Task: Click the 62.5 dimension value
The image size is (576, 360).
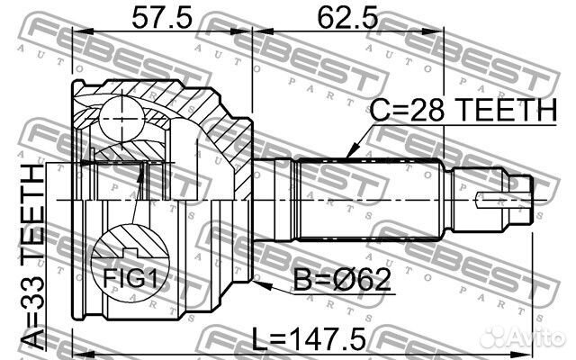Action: (x=346, y=17)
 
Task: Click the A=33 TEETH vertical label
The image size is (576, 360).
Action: (x=32, y=256)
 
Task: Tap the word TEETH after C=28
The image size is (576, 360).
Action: (x=508, y=111)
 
